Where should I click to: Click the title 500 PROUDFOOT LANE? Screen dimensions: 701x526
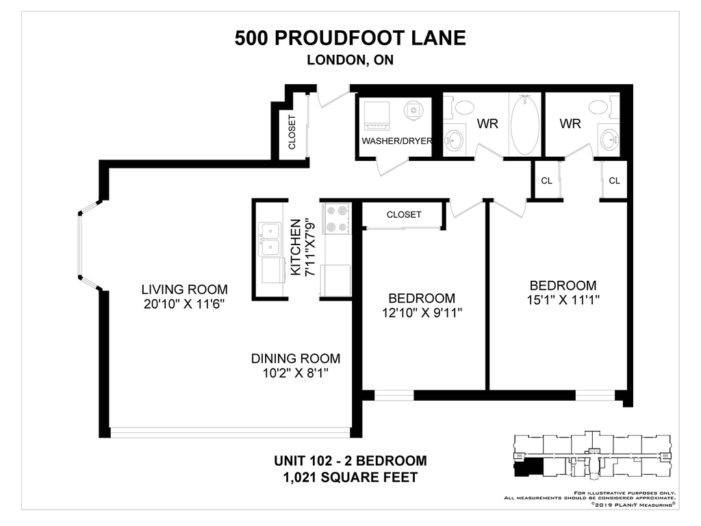coord(350,38)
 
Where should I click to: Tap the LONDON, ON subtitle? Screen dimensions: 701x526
coord(350,60)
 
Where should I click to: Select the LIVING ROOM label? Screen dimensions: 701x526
coord(184,289)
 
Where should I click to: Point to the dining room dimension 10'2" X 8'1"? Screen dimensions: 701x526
coord(296,373)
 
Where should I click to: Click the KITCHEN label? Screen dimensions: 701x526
coord(296,247)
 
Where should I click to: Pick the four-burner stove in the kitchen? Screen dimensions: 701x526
coord(336,218)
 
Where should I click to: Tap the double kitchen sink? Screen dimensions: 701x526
coord(270,239)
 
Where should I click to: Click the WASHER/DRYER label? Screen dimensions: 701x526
coord(396,141)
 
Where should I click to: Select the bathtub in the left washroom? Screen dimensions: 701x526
coord(525,125)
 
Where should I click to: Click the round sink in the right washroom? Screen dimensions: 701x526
coord(609,140)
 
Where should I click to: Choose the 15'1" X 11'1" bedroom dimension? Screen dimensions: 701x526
coord(563,300)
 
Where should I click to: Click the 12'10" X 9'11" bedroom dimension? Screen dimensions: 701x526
coord(422,312)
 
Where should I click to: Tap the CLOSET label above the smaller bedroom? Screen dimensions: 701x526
coord(404,214)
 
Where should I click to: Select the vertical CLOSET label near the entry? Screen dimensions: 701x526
coord(292,132)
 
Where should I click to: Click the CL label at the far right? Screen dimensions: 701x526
coord(614,181)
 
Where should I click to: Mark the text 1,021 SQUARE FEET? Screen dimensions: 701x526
coord(350,477)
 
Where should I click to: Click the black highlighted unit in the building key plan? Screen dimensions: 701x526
coord(528,468)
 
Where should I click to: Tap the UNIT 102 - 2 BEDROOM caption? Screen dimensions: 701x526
coord(350,461)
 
